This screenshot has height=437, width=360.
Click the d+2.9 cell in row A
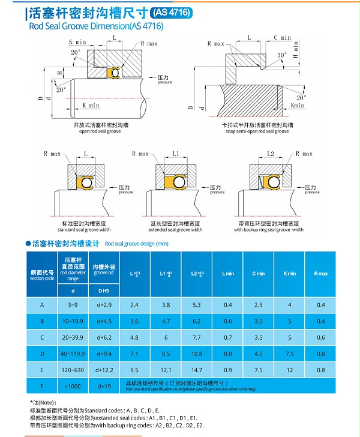[104, 305]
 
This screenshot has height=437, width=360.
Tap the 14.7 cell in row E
[197, 370]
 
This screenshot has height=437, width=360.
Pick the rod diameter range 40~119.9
[73, 354]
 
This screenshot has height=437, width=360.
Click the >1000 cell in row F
[73, 387]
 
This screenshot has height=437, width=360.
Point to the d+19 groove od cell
[104, 387]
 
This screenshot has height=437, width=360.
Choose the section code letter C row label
[42, 337]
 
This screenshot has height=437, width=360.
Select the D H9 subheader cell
[104, 290]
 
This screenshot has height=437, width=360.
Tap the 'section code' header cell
[42, 275]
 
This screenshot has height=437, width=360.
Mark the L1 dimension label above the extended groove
[175, 154]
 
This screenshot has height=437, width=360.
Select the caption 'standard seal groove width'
[84, 229]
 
